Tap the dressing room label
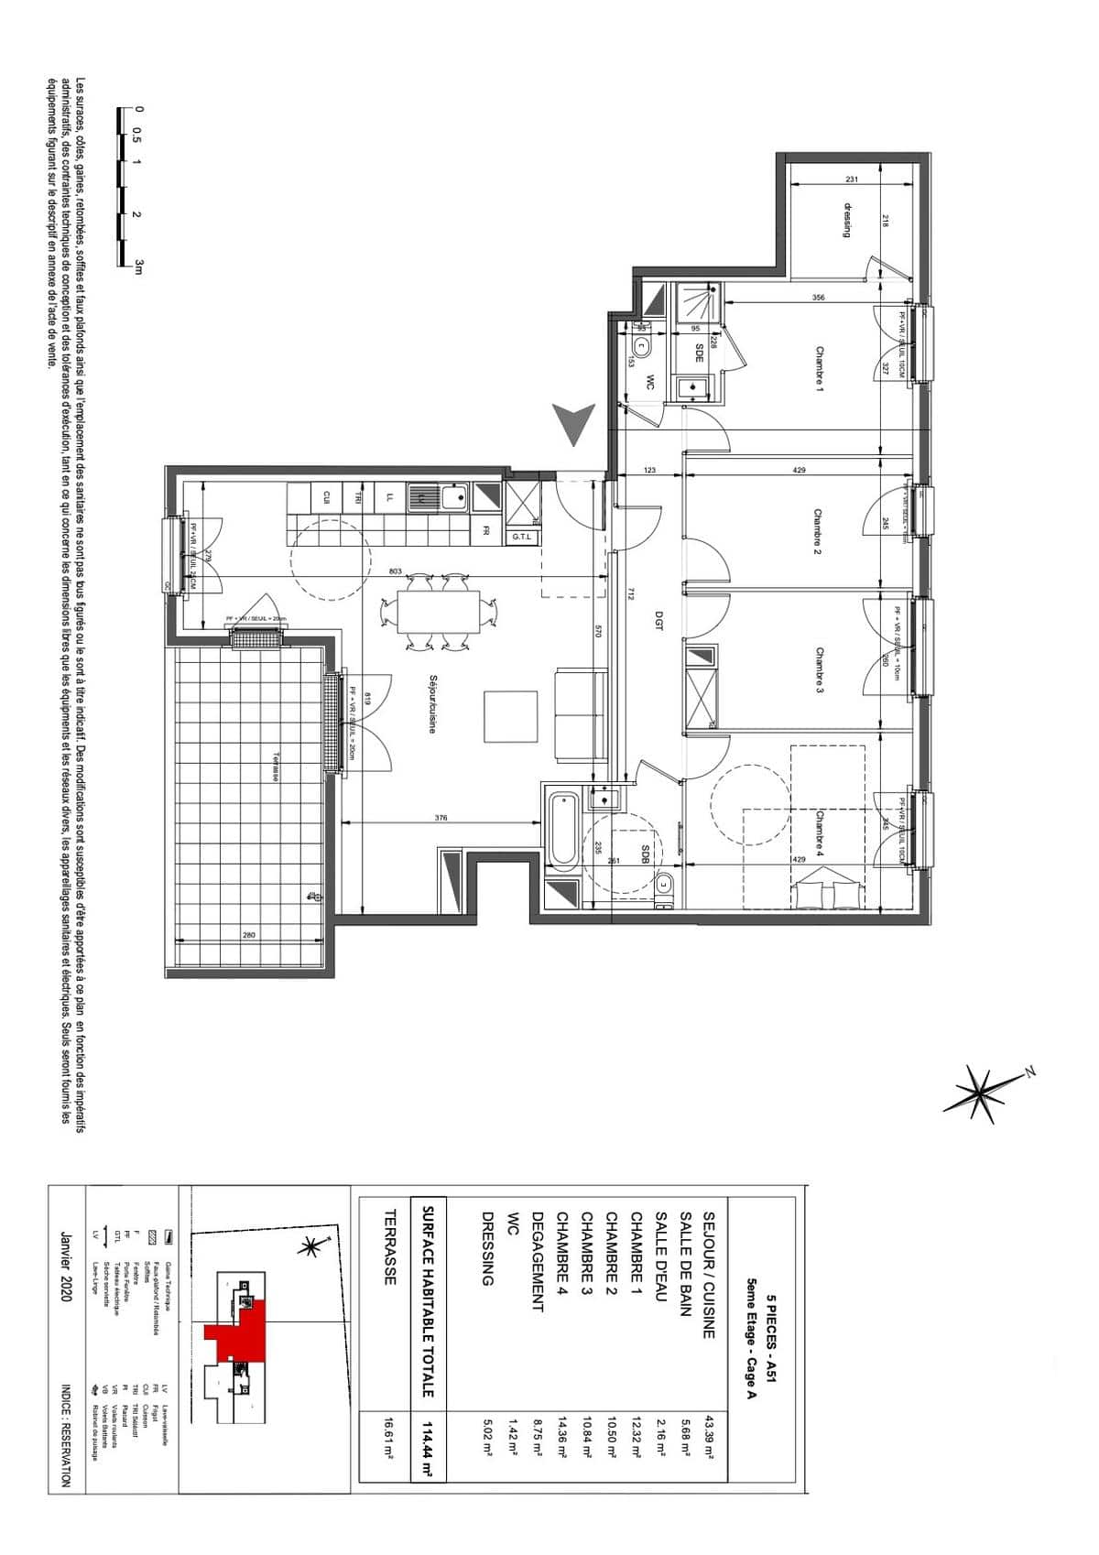847,221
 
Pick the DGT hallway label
658,621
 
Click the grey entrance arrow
573,425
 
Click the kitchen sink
453,498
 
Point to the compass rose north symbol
985,1092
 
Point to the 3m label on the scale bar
139,266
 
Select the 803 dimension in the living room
396,571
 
